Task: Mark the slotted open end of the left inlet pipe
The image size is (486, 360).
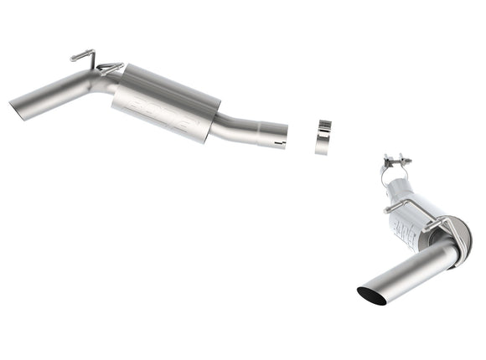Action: [277, 136]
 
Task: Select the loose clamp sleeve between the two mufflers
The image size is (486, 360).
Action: [323, 138]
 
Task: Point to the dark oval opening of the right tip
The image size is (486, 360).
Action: [371, 295]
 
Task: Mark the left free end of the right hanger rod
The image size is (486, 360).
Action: [387, 209]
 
